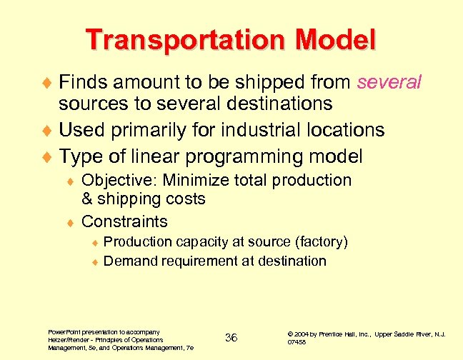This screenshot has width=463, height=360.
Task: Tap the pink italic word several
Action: tap(389, 82)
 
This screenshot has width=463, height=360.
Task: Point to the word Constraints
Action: tap(125, 221)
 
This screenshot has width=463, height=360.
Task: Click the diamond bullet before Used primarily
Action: tap(49, 131)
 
